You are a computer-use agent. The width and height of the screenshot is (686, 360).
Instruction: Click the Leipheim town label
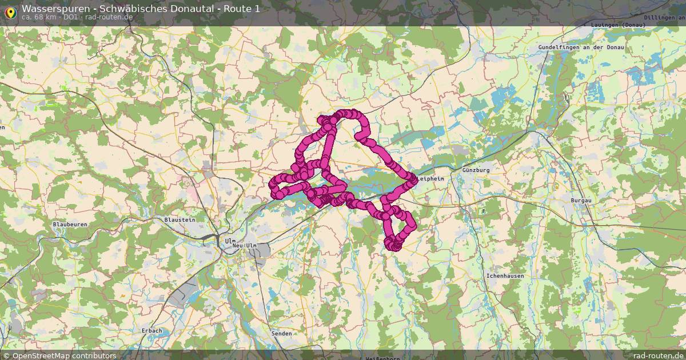(x=431, y=179)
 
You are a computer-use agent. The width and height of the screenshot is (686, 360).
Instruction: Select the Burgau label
(x=580, y=201)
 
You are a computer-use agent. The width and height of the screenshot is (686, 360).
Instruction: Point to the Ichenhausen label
(x=505, y=276)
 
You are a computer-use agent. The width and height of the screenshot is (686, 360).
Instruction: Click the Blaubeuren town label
(x=70, y=225)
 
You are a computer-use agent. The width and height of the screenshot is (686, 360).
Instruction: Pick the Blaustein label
(x=180, y=219)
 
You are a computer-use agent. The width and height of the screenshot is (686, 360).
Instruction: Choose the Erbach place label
(x=151, y=331)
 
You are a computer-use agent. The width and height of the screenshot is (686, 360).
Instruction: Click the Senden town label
(x=282, y=333)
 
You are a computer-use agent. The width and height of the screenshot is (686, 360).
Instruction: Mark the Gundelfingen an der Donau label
(x=581, y=47)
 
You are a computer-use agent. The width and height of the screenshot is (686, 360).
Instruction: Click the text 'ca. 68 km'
(x=39, y=17)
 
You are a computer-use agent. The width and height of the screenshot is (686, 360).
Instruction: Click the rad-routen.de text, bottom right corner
(x=658, y=355)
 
